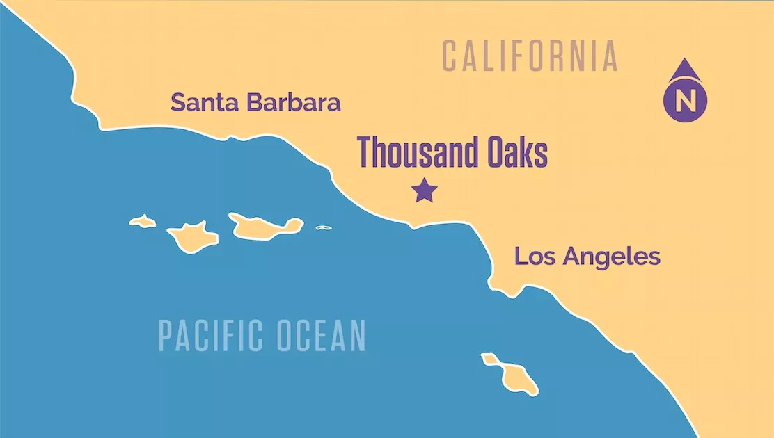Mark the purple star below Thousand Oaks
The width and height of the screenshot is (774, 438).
point(424,190)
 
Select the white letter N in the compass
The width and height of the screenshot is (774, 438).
point(685,101)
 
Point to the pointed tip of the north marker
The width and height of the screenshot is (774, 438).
point(685,61)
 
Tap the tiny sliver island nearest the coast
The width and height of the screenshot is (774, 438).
point(323,227)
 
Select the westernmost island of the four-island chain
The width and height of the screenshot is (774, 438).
point(143,222)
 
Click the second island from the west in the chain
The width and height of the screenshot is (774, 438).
point(192,236)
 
